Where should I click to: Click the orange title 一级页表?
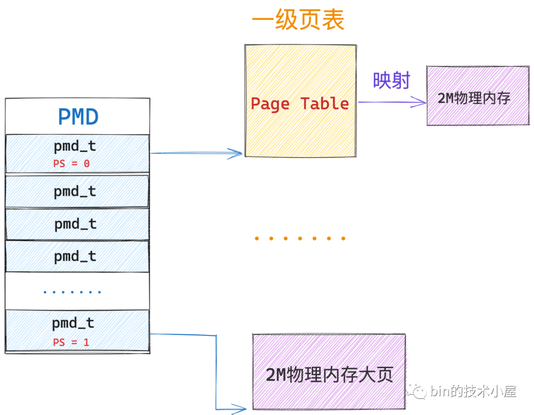298,21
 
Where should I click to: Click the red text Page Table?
300,104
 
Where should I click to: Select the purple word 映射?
392,81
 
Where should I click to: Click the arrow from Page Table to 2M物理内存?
391,103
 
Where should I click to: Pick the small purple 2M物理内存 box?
477,95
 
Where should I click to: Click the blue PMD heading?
78,117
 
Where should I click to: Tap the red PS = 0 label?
71,164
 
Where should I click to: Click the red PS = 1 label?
71,342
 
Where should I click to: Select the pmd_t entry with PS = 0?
77,153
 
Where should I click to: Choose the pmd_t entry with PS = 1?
77,331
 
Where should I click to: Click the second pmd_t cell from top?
77,191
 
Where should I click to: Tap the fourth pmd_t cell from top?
77,256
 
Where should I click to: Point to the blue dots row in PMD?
72,292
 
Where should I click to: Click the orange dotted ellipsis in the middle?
300,239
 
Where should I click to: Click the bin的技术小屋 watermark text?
473,392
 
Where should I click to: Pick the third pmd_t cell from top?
77,224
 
